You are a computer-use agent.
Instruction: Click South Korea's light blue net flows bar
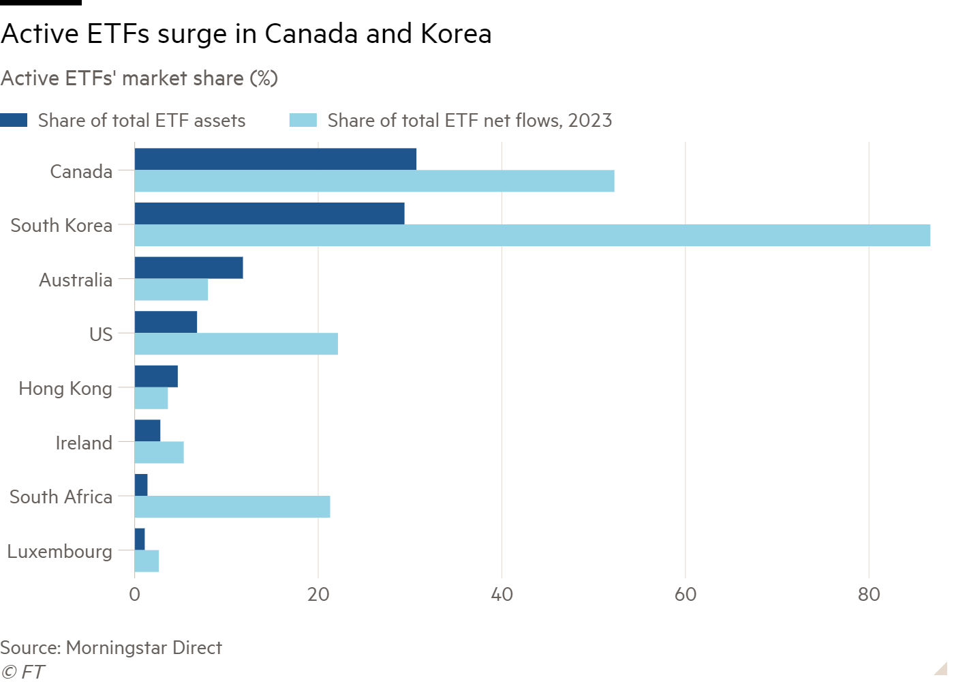532,235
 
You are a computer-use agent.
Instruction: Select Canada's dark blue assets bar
275,159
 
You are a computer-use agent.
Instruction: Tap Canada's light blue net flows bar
374,181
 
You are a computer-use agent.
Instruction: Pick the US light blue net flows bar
236,344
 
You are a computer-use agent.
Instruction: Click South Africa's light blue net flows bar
232,507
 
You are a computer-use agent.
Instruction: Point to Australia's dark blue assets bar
189,268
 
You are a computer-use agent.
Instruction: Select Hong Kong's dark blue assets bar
156,376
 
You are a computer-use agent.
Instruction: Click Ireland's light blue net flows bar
159,453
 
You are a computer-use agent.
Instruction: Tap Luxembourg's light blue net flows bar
147,561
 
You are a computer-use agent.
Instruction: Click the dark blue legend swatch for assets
14,121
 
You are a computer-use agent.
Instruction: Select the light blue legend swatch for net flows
303,121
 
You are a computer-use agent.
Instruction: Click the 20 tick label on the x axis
318,595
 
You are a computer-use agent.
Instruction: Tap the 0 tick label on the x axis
135,595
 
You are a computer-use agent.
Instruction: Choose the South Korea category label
61,225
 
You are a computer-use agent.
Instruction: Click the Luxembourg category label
59,551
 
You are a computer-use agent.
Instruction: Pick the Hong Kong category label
65,388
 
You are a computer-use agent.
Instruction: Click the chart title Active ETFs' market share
139,78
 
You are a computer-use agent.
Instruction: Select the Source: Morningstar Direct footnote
111,647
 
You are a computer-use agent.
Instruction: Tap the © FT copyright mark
22,672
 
